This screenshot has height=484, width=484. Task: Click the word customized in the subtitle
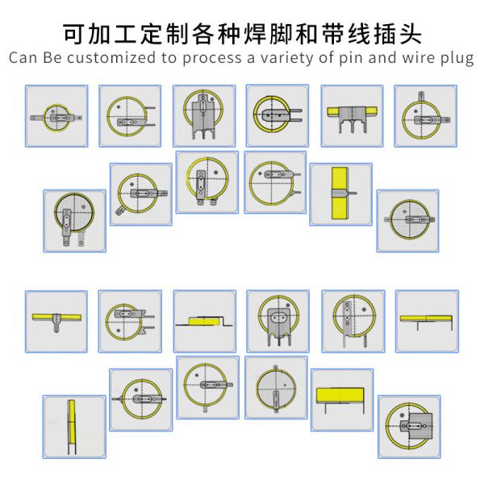[111, 58]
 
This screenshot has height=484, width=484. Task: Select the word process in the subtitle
[212, 59]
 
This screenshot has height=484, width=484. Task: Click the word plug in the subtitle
[457, 59]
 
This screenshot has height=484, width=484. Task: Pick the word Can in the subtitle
[23, 58]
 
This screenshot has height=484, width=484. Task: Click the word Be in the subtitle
[52, 58]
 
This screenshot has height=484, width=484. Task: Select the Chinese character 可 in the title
[74, 34]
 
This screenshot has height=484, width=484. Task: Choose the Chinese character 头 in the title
[411, 34]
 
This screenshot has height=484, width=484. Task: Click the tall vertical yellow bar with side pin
[340, 194]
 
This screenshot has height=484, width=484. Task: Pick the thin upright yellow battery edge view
[72, 426]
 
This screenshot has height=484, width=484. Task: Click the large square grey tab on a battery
[420, 426]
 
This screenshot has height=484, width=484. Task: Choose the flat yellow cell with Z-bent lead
[204, 322]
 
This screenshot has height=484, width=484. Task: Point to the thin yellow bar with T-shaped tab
[56, 320]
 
